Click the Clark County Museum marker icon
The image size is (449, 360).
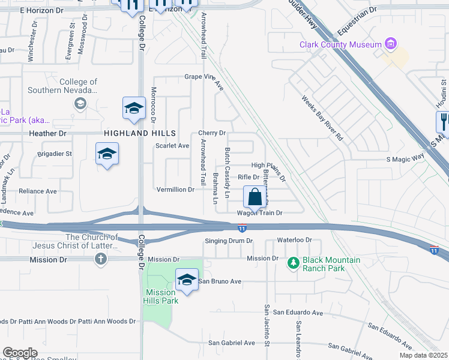point(391,44)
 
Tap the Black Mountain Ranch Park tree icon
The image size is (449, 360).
point(293,263)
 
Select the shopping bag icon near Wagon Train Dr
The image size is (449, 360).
point(255,197)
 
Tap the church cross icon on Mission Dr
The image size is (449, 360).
point(101,259)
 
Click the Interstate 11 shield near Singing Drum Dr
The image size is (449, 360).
point(241,228)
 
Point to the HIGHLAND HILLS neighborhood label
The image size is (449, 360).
point(140,133)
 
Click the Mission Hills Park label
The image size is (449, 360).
point(160,296)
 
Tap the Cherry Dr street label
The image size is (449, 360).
point(212,133)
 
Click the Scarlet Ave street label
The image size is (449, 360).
point(173,146)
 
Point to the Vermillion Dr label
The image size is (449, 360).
point(175,190)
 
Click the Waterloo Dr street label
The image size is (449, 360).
point(295,240)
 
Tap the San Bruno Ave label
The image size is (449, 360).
point(220,281)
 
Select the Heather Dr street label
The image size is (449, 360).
point(47,133)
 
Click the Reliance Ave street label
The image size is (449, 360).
point(37,191)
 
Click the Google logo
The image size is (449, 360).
point(20,352)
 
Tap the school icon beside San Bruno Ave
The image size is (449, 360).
point(187,280)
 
